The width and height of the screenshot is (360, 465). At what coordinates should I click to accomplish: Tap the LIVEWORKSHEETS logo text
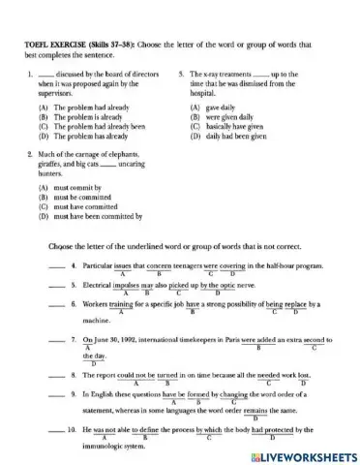click(x=300, y=453)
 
